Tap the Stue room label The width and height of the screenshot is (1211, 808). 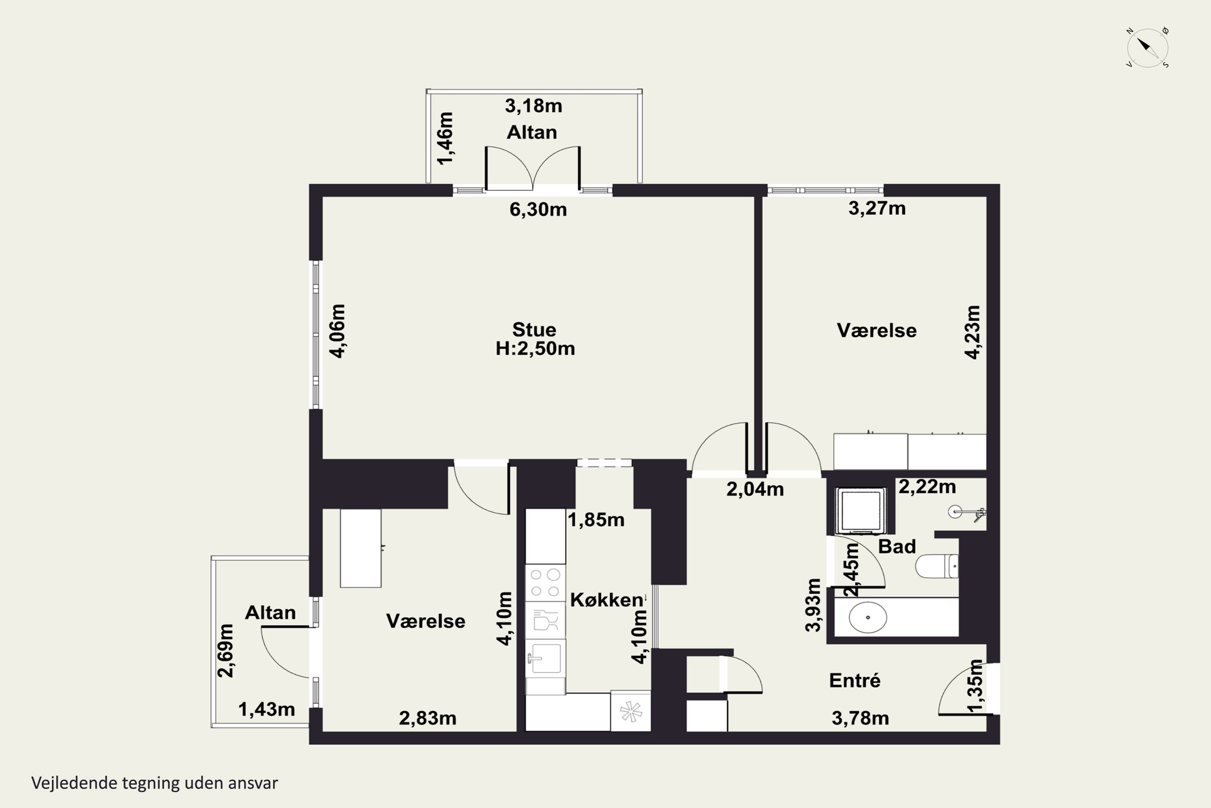(534, 329)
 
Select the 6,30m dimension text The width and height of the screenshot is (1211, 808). (538, 209)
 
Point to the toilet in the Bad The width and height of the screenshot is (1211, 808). (937, 566)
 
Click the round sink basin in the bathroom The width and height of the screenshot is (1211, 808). (867, 617)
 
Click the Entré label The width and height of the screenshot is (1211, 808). (855, 680)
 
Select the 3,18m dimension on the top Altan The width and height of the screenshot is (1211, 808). (533, 105)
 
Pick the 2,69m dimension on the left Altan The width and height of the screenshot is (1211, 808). (226, 650)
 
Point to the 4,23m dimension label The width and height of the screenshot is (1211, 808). (972, 332)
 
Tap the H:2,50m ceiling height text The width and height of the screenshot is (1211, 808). (535, 348)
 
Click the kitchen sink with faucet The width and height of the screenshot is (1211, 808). (545, 658)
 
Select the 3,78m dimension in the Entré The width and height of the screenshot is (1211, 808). (860, 718)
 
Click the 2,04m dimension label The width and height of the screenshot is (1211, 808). (755, 489)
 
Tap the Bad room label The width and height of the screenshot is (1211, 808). (897, 546)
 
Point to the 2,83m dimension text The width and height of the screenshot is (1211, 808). (428, 718)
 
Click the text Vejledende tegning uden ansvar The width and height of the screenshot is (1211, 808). (155, 783)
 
